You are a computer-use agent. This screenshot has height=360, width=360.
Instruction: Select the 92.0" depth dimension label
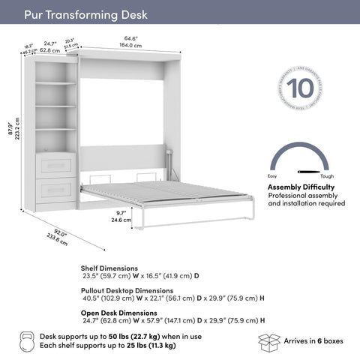click(x=52, y=232)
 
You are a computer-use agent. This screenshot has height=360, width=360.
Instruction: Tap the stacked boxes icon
click(x=269, y=341)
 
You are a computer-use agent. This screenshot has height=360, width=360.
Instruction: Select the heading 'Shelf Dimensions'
click(x=109, y=267)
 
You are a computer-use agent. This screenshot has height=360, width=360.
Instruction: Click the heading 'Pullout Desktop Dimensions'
click(x=127, y=289)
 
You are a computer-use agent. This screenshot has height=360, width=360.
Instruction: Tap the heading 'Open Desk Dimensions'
click(x=119, y=311)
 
